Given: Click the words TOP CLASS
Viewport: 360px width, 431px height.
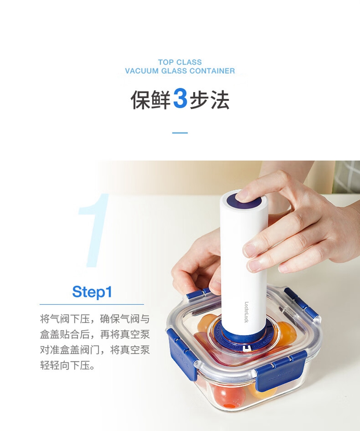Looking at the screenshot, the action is pyautogui.click(x=180, y=62).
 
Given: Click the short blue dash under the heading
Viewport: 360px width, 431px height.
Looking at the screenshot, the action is pyautogui.click(x=180, y=133).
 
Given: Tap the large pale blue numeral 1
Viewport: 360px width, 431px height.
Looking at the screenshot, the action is pyautogui.click(x=94, y=230).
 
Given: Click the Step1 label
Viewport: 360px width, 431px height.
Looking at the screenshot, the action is pyautogui.click(x=92, y=292).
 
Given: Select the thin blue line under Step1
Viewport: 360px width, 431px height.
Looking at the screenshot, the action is pyautogui.click(x=92, y=304).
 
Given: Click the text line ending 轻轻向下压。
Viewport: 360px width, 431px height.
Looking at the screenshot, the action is pyautogui.click(x=67, y=366).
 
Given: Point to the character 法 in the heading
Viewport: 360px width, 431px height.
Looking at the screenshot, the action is pyautogui.click(x=220, y=99).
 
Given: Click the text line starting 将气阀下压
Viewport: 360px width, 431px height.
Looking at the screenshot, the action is pyautogui.click(x=95, y=319).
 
